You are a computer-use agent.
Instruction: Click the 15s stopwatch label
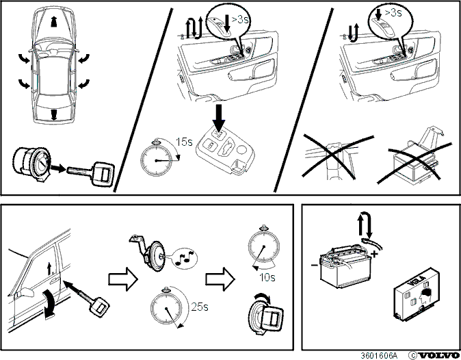184,142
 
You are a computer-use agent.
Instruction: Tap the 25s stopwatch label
200,307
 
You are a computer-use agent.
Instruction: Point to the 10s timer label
267,277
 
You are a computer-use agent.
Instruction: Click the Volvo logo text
438,355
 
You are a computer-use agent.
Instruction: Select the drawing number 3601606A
379,355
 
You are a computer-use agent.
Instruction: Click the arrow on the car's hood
53,22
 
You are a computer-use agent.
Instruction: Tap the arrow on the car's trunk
54,114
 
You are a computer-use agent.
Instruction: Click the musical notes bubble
185,258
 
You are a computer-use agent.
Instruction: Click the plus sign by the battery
375,254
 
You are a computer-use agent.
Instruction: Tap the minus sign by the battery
315,265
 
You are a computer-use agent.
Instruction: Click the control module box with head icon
417,294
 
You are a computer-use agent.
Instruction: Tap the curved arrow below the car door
49,304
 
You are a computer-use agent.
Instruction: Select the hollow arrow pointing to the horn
123,279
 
